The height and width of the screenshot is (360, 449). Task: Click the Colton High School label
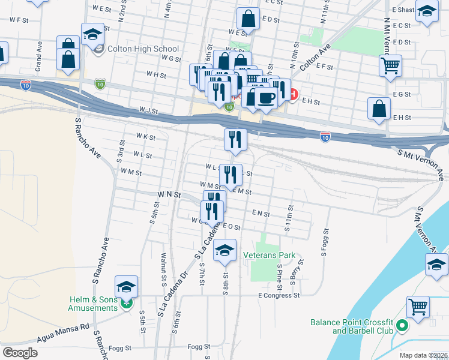pos(143,49)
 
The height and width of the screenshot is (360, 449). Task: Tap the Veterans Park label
pos(269,255)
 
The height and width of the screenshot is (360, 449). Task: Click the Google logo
pos(20,353)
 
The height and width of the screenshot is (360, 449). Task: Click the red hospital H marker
pos(293,94)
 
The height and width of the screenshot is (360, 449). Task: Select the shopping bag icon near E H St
pos(379,109)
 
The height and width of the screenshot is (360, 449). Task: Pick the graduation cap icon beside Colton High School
pos(92,34)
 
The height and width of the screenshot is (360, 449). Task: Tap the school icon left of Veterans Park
pos(224,250)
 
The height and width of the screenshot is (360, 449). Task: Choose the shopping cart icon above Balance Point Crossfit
pos(418,307)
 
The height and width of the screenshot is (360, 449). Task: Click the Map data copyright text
pos(423,355)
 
